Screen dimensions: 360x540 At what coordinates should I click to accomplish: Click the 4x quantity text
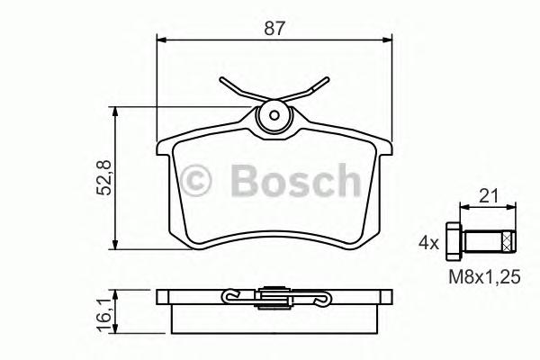[x=427, y=242]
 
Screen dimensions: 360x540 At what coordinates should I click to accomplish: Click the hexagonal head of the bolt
[x=453, y=241]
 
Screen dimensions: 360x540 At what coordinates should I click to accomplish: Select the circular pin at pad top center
[x=273, y=117]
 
